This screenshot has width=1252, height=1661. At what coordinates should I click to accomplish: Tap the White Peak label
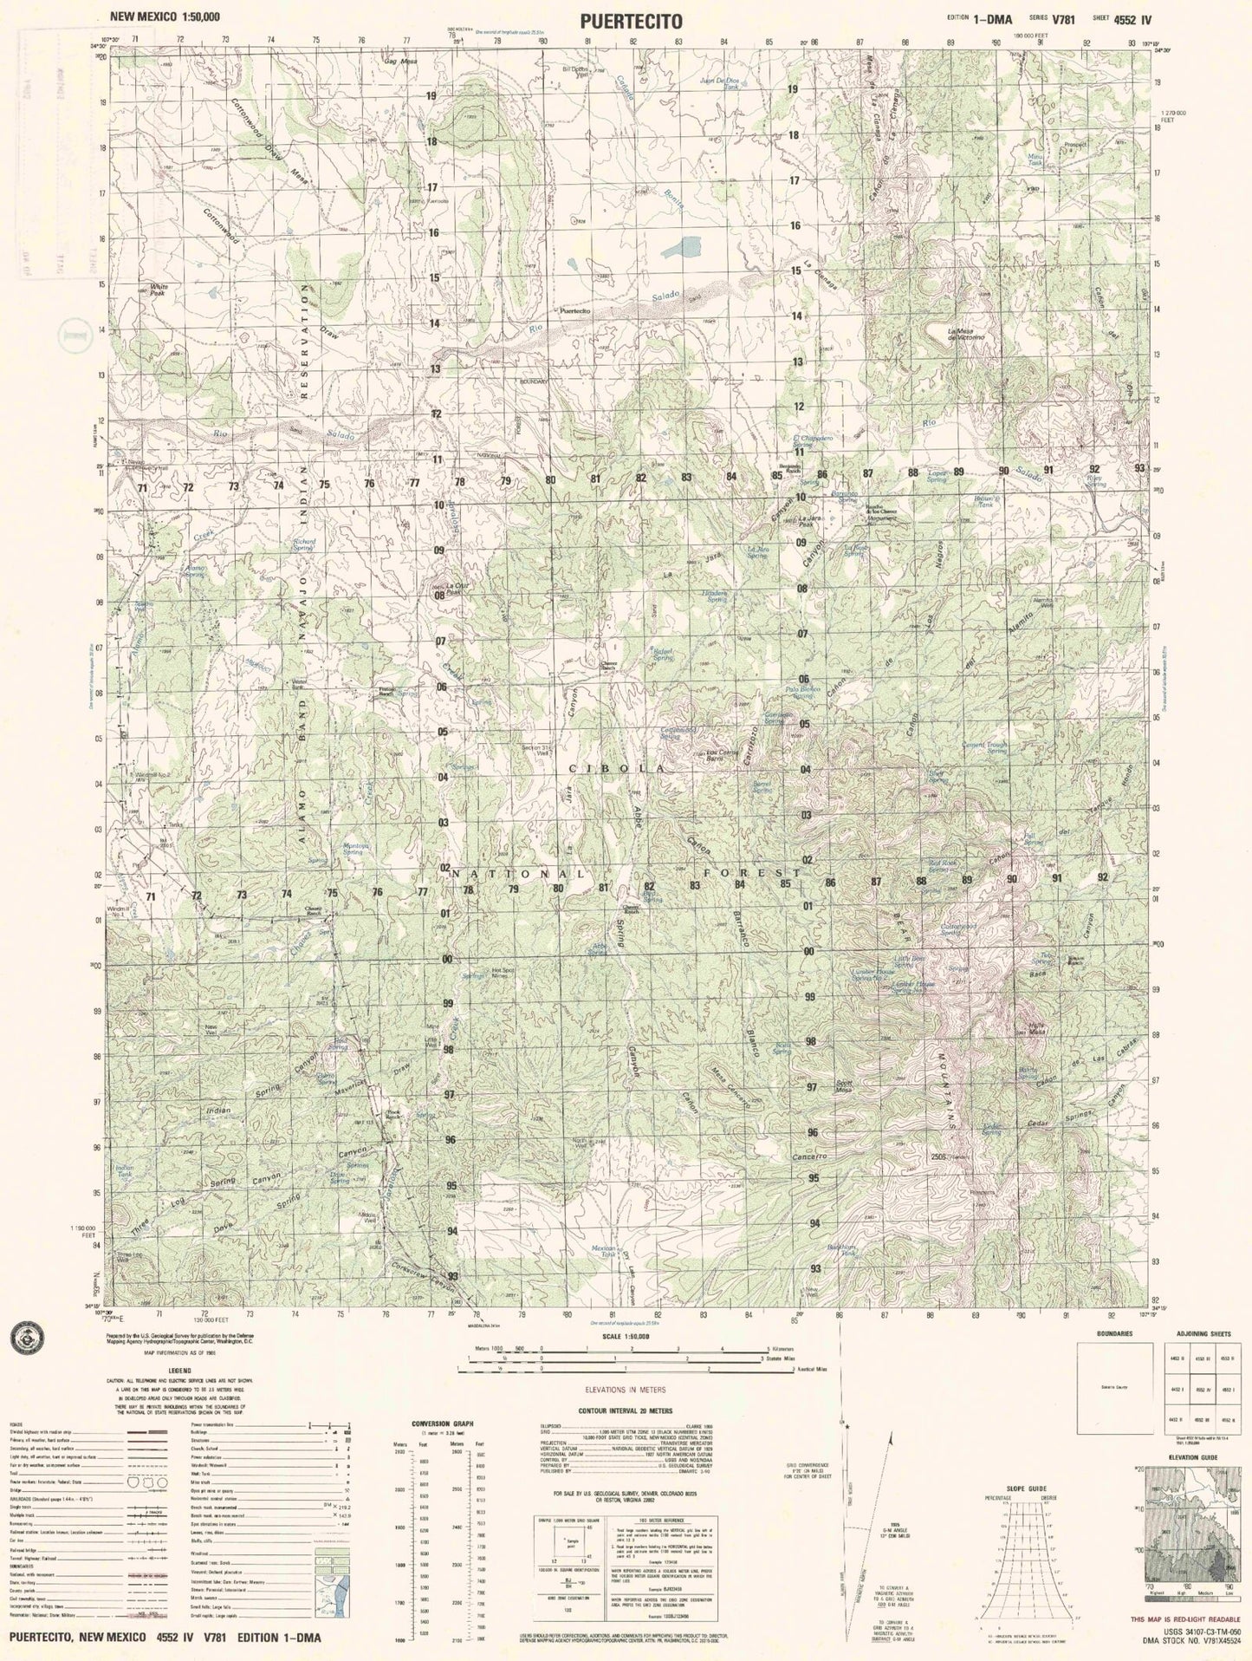tap(159, 290)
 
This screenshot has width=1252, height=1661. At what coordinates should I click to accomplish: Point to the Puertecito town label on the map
tap(575, 310)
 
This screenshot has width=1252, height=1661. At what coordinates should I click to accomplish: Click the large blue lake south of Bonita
tap(681, 248)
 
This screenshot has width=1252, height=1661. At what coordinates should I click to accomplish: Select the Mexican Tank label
tap(603, 1253)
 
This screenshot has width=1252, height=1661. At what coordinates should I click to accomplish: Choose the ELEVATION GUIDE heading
tap(1192, 1457)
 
